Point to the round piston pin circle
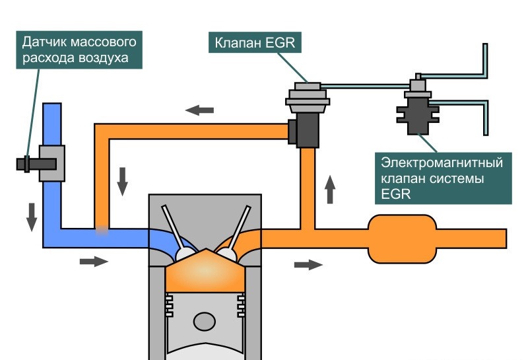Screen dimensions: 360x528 click(x=204, y=322)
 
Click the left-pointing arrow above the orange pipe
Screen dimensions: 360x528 click(x=200, y=110)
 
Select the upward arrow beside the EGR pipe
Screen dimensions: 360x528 click(x=330, y=190)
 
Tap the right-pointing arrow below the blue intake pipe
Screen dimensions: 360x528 click(x=93, y=262)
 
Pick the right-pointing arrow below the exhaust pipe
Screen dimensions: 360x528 click(x=308, y=264)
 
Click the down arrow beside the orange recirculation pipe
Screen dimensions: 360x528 click(x=122, y=181)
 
